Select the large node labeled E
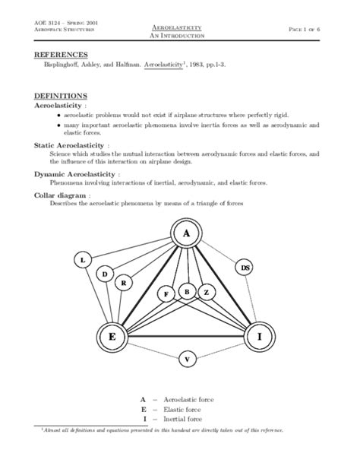pos(112,336)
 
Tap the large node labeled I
pos(259,336)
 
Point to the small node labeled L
pos(83,260)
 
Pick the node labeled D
pos(106,274)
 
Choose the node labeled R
pos(124,283)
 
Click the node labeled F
pos(166,293)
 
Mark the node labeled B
pos(186,291)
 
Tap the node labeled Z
pos(206,292)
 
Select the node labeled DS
pos(245,268)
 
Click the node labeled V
pos(188,358)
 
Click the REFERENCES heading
pos(62,55)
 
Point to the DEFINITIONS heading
pos(62,97)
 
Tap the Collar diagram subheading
pos(63,195)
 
